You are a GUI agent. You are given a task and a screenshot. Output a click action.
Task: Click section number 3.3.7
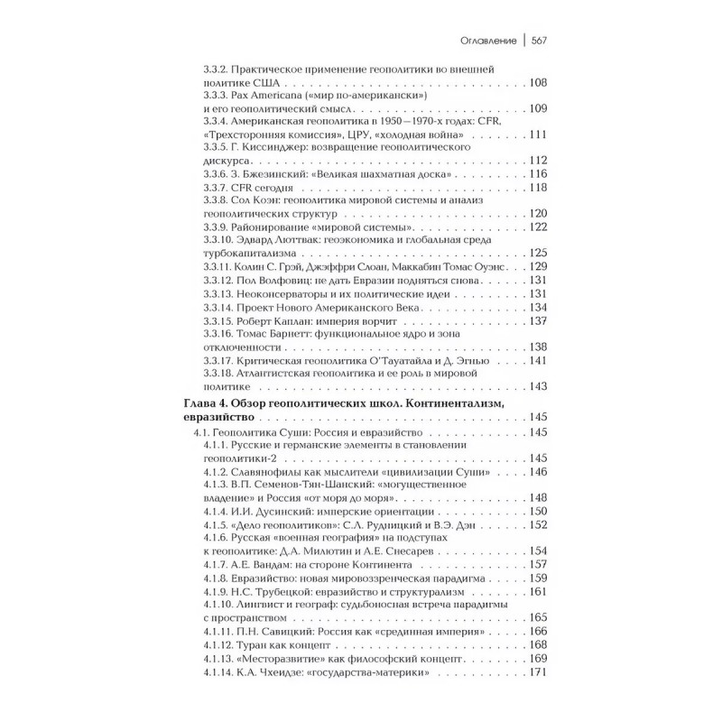[218, 187]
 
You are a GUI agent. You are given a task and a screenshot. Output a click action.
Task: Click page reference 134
[538, 307]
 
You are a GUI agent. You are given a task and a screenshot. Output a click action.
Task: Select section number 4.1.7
[218, 564]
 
